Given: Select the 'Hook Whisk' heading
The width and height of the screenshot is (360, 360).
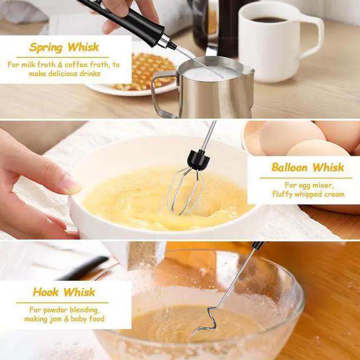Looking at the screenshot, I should (x=64, y=292).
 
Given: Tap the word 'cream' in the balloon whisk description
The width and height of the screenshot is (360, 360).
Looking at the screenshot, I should (x=333, y=194).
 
